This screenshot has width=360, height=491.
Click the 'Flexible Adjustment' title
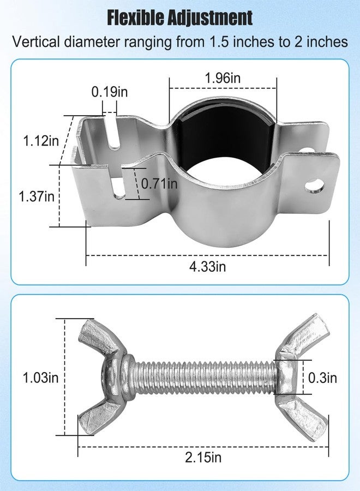pos(179,17)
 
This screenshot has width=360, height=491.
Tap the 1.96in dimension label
pos(223,77)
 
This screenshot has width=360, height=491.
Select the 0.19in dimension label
pos(110,92)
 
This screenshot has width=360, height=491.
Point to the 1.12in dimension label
pos(41,141)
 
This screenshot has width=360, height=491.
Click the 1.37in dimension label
pos(37,196)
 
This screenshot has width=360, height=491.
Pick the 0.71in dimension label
pos(159,183)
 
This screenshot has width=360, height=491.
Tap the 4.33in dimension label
pos(208,266)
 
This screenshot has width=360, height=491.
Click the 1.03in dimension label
pos(40,378)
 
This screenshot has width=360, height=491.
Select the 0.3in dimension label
pos(322,378)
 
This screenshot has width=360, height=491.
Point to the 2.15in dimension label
pos(203,458)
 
